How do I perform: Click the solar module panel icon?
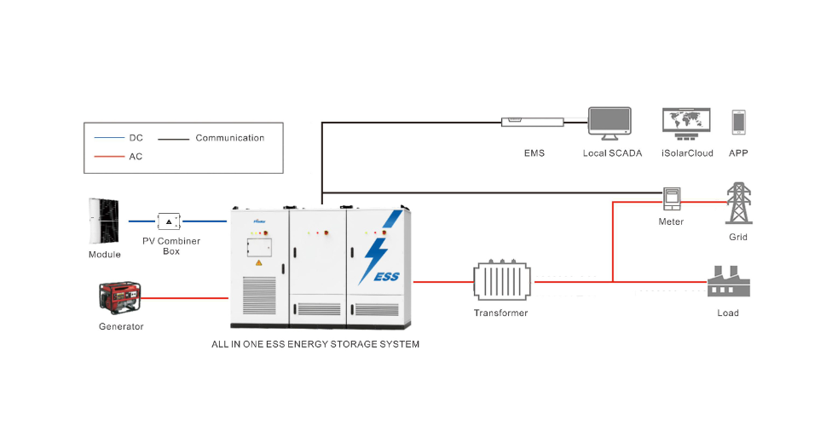(103, 221)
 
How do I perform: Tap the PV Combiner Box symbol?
(170, 221)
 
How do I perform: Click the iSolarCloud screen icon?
(685, 123)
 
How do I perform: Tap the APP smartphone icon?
(738, 123)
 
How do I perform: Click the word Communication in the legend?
(229, 138)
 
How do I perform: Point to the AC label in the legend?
(136, 157)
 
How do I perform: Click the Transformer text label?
(501, 313)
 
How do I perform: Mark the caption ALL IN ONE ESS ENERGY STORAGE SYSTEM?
(315, 345)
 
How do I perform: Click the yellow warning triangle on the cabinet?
(258, 264)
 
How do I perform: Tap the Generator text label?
(121, 326)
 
